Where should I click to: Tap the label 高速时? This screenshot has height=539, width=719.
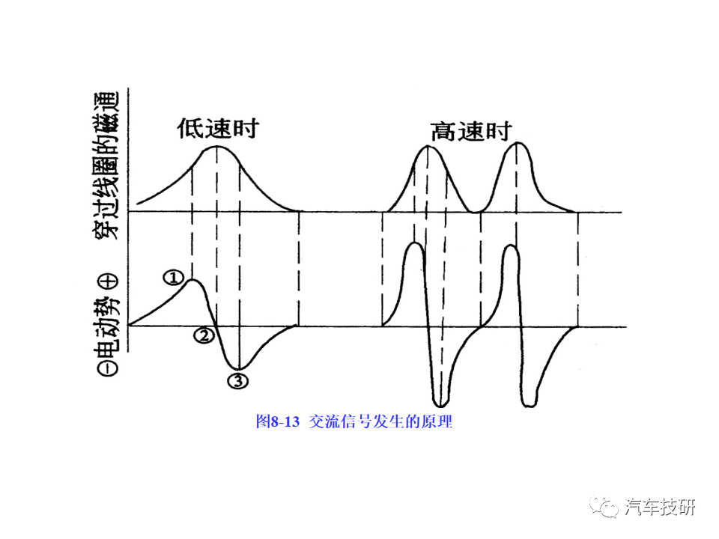click(x=470, y=132)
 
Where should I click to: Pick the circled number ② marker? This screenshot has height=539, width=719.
click(x=202, y=335)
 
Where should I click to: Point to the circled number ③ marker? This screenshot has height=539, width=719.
click(x=237, y=380)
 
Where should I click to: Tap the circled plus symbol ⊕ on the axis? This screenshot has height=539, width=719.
click(x=109, y=281)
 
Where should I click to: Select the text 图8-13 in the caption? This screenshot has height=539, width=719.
click(x=277, y=421)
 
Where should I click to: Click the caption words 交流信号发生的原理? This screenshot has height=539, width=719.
click(x=380, y=421)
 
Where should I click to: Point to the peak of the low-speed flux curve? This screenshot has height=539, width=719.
click(x=217, y=147)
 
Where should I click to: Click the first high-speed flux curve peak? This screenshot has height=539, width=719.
click(x=428, y=147)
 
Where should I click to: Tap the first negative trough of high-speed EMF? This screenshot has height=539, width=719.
click(x=440, y=403)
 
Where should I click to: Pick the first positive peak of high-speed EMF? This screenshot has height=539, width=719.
click(x=412, y=246)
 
